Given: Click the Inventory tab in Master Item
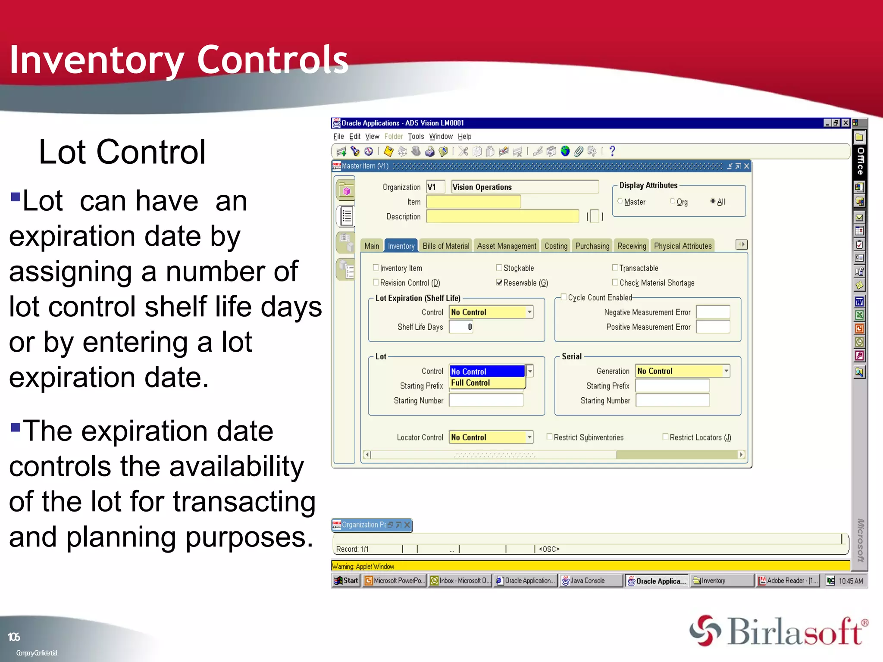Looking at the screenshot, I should (401, 246).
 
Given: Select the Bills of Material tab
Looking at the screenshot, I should (445, 246).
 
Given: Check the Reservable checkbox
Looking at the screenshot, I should (499, 283).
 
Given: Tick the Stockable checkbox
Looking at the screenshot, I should (499, 268).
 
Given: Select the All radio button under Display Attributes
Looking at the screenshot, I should (713, 201).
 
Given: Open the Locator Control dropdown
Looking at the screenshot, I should (529, 437).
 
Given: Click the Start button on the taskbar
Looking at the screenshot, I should (346, 581).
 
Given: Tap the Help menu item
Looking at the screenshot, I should (464, 137).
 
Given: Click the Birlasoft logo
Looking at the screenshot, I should (778, 631).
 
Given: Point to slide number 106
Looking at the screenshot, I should (14, 637).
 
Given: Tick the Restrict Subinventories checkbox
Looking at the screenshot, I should (549, 437).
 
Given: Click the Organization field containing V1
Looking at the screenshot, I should (435, 187).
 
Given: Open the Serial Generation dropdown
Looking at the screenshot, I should (726, 371).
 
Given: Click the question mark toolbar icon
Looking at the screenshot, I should (612, 151).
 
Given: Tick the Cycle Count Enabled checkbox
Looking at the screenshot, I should (564, 297).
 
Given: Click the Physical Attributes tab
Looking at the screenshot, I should (682, 246).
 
